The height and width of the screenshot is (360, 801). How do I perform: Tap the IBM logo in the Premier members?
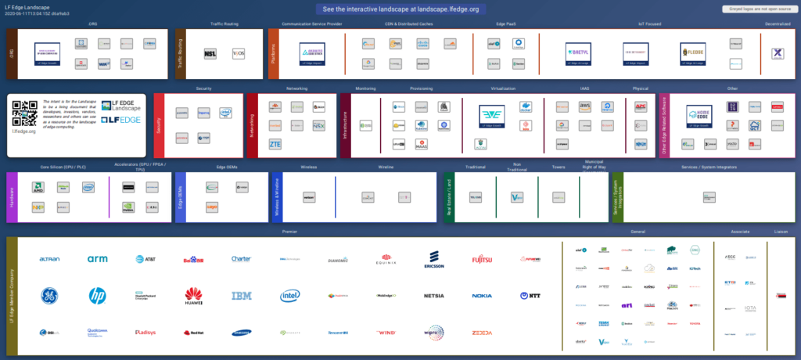(x=242, y=296)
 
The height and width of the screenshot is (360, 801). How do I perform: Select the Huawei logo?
(x=194, y=296)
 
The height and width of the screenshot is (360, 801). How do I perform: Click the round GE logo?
(x=48, y=296)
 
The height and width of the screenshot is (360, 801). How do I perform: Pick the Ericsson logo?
(x=434, y=259)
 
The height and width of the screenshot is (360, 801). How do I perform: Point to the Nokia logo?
(x=482, y=296)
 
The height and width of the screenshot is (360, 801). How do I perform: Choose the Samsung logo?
(x=242, y=333)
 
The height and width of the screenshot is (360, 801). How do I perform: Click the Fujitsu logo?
(x=482, y=259)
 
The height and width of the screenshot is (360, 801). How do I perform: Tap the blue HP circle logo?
(x=97, y=296)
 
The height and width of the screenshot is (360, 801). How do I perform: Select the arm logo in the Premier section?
(x=97, y=259)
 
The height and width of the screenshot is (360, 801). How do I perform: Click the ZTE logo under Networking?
(x=275, y=144)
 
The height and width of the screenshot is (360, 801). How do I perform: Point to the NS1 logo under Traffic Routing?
(x=210, y=53)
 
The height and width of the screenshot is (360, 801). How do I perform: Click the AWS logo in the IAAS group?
(x=584, y=106)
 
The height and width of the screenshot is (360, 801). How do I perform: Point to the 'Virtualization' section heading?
(x=503, y=89)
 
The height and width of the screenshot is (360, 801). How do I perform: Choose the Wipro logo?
(x=434, y=333)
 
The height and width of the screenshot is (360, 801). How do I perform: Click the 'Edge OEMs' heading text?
(x=227, y=167)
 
